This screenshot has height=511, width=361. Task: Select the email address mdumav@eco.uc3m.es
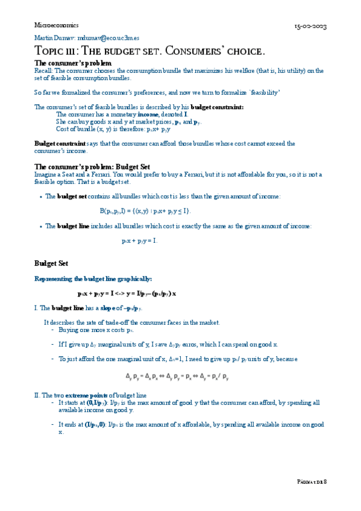pyautogui.click(x=105, y=37)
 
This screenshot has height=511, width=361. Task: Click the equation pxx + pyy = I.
pyautogui.click(x=139, y=240)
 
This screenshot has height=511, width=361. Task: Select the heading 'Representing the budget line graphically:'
pyautogui.click(x=93, y=279)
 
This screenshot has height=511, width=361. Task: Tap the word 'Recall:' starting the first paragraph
pyautogui.click(x=44, y=71)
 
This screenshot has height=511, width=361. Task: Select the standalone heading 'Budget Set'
pyautogui.click(x=51, y=263)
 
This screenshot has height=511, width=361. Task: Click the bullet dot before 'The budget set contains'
pyautogui.click(x=40, y=197)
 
